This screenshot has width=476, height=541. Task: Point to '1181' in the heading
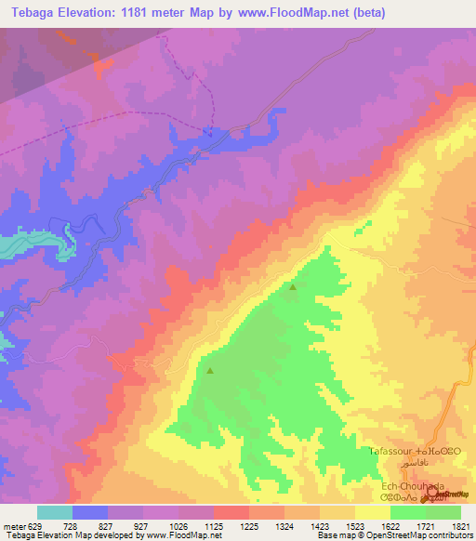pos(138,13)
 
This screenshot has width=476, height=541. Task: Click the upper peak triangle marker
pos(294,287)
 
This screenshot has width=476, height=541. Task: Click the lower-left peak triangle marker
pos(209,371)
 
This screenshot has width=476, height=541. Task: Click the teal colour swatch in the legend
pos(55,512)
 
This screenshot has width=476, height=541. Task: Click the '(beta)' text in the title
pos(365,13)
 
